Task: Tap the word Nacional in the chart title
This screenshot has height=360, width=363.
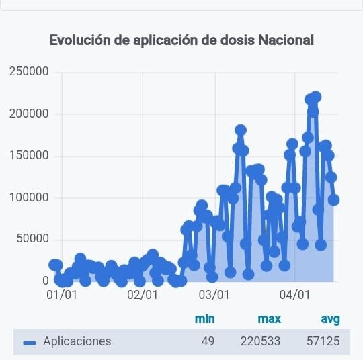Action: (x=286, y=40)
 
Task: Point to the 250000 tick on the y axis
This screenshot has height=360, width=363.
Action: (x=29, y=71)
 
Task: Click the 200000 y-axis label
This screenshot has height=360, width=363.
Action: (x=29, y=114)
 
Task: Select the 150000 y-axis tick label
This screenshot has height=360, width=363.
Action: (x=29, y=155)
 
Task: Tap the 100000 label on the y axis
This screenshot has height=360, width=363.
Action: (x=29, y=197)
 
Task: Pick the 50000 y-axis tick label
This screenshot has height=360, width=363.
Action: (x=33, y=238)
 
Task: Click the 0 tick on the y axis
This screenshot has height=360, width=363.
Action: (x=46, y=281)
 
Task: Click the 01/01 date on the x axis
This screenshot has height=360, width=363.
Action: (x=62, y=295)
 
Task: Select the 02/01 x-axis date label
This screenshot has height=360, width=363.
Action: (x=143, y=295)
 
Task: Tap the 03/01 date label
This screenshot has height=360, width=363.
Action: (x=214, y=295)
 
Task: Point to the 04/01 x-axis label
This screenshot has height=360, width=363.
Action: (x=294, y=295)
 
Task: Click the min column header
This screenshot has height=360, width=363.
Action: (x=205, y=319)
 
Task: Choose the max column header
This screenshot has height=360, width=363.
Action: (x=270, y=319)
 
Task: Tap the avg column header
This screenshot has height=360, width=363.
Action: (x=331, y=320)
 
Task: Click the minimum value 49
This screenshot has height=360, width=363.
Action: (x=208, y=341)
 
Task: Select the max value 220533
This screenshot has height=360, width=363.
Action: (x=260, y=341)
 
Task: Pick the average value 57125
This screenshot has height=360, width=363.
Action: (x=323, y=341)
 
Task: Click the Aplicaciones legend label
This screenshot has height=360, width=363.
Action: (x=77, y=341)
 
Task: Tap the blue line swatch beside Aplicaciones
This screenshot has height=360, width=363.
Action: (x=30, y=343)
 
